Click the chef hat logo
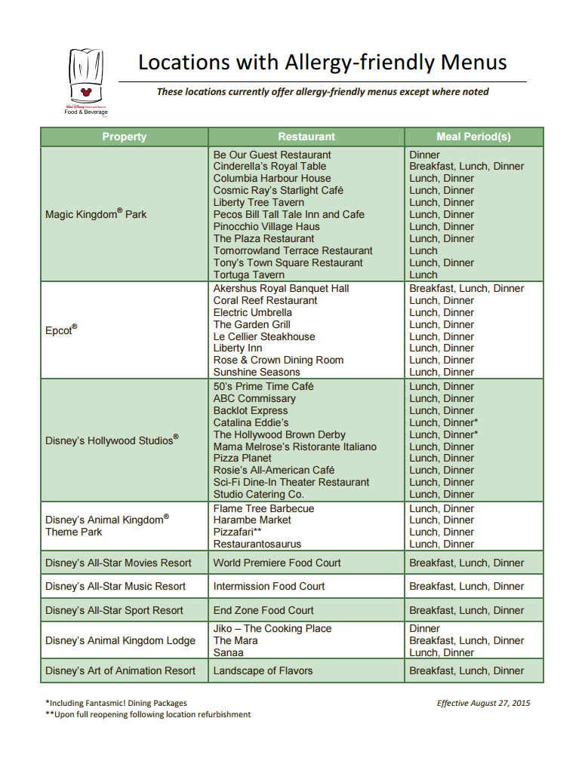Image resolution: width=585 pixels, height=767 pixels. pos(86,79)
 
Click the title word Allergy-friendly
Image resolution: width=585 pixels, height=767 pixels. pos(363,62)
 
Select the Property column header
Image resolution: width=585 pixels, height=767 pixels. pos(125,137)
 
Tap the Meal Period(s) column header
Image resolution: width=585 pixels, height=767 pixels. pos(473,137)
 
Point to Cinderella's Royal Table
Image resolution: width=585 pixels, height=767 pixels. pos(269,167)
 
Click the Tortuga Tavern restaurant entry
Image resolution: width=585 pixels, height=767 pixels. pos(248,275)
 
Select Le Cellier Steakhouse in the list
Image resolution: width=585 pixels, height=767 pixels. pos(264,336)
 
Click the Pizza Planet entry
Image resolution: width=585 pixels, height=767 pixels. pos(242,459)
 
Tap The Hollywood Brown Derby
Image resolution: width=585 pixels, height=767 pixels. pos(279,434)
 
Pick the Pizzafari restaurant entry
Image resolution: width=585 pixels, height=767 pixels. pos(237,532)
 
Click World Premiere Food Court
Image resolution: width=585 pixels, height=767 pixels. pos(277,563)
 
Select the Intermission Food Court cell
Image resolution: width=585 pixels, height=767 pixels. pos(269,586)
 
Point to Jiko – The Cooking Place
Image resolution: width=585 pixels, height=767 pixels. pos(272,628)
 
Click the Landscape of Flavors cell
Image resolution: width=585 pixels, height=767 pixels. pos(263,670)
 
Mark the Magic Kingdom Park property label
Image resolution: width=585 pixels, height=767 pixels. pos(96,214)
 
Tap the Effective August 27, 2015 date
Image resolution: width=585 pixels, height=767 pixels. pos(483,703)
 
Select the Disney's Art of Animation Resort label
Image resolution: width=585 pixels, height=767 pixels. pos(120,670)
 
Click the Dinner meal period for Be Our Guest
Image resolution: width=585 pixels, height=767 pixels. pos(425,155)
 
